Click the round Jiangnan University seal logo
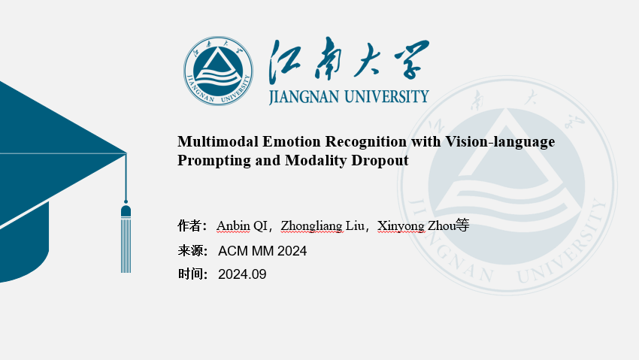click(x=219, y=71)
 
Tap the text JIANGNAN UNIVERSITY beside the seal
click(x=349, y=97)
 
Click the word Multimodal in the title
click(x=218, y=142)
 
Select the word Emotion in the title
click(x=292, y=142)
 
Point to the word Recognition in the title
click(x=366, y=143)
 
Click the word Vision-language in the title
click(x=500, y=143)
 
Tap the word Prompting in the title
click(x=214, y=161)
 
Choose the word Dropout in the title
click(x=380, y=161)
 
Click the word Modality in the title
click(x=316, y=161)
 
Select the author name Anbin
click(x=233, y=225)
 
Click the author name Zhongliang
click(x=312, y=226)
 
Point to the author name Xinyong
click(x=401, y=226)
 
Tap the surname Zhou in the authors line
click(x=441, y=225)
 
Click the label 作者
click(x=189, y=225)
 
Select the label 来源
click(x=189, y=250)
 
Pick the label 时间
click(x=189, y=274)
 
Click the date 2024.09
click(x=242, y=274)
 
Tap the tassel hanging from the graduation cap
click(x=126, y=238)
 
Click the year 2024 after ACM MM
click(x=292, y=251)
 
